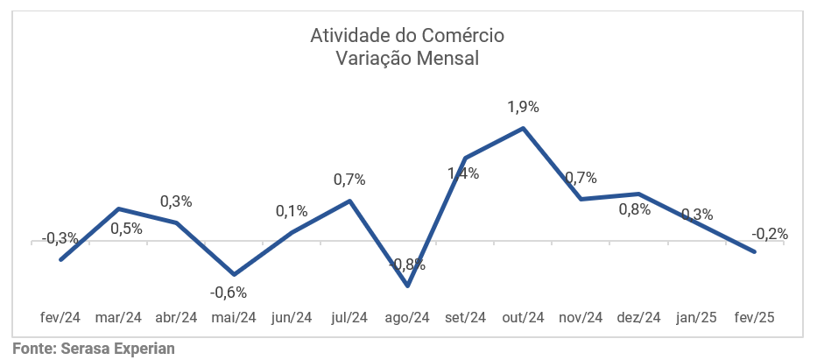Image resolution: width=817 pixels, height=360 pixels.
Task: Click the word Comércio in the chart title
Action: point(464,36)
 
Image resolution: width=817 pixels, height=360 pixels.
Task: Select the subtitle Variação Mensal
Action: point(408,59)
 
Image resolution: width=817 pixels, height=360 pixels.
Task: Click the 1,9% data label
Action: point(523,107)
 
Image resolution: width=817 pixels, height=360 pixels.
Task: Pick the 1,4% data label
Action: point(463,173)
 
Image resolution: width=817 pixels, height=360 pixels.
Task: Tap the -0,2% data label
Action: point(770,234)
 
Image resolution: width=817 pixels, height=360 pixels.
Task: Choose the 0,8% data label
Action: point(635,209)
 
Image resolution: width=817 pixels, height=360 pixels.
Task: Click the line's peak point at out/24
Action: point(523,128)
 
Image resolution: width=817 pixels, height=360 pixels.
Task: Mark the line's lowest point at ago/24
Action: point(407,286)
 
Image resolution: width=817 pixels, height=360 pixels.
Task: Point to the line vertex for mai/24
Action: point(234,275)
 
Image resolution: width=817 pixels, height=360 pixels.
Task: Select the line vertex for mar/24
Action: point(118,208)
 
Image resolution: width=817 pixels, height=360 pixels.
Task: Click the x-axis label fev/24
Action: point(60,317)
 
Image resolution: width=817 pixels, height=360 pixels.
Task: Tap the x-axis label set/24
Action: point(465,317)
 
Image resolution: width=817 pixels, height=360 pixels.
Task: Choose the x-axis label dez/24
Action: point(638,317)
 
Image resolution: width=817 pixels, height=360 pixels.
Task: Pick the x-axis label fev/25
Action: point(754,317)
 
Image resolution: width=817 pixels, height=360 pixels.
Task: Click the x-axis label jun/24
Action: point(292,317)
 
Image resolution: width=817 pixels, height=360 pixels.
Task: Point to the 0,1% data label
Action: point(291,210)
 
